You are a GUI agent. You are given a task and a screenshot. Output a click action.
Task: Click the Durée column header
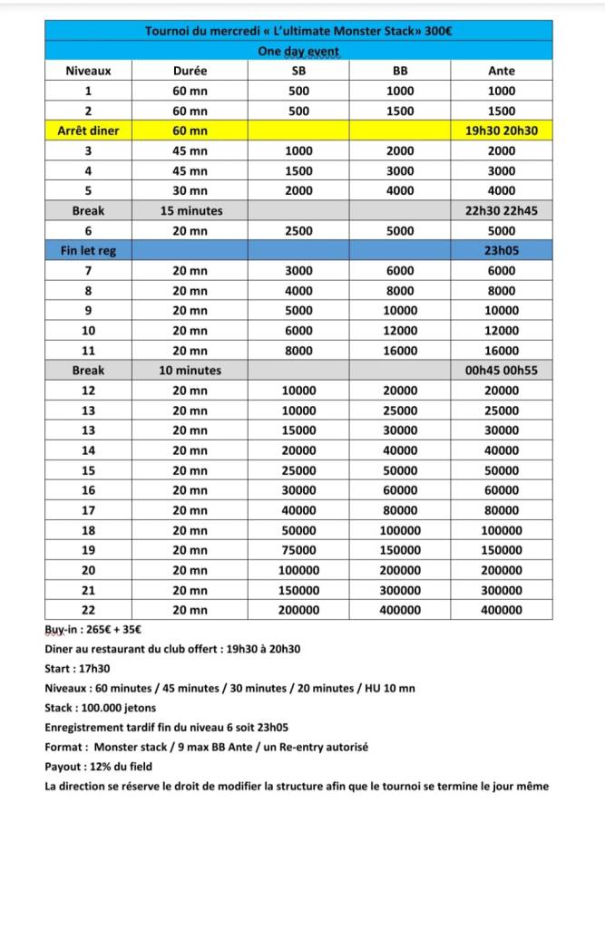pyautogui.click(x=190, y=71)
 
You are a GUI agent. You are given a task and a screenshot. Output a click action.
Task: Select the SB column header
pyautogui.click(x=298, y=71)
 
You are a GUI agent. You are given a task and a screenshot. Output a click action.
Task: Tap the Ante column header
pyautogui.click(x=501, y=71)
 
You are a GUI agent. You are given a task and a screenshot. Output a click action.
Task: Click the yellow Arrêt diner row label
pyautogui.click(x=88, y=130)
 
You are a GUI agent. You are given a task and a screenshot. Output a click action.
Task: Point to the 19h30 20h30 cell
pyautogui.click(x=501, y=130)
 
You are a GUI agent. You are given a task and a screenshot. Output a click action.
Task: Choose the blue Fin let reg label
pyautogui.click(x=88, y=250)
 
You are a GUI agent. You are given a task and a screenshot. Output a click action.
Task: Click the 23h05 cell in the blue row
pyautogui.click(x=501, y=250)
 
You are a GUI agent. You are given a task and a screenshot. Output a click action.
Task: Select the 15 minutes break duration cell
pyautogui.click(x=190, y=210)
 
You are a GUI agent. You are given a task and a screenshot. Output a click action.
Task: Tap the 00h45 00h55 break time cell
pyautogui.click(x=501, y=370)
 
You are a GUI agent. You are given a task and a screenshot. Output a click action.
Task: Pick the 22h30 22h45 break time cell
pyautogui.click(x=501, y=210)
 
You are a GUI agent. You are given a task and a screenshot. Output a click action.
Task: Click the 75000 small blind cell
pyautogui.click(x=298, y=550)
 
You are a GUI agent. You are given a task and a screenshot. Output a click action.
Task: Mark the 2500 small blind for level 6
pyautogui.click(x=298, y=230)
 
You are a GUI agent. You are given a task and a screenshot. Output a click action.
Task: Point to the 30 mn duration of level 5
pyautogui.click(x=190, y=190)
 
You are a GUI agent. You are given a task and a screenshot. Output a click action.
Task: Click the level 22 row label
pyautogui.click(x=88, y=610)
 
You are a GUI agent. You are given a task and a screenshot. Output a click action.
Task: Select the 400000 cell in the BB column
pyautogui.click(x=400, y=610)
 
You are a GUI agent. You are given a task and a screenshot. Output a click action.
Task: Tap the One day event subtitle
pyautogui.click(x=298, y=51)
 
